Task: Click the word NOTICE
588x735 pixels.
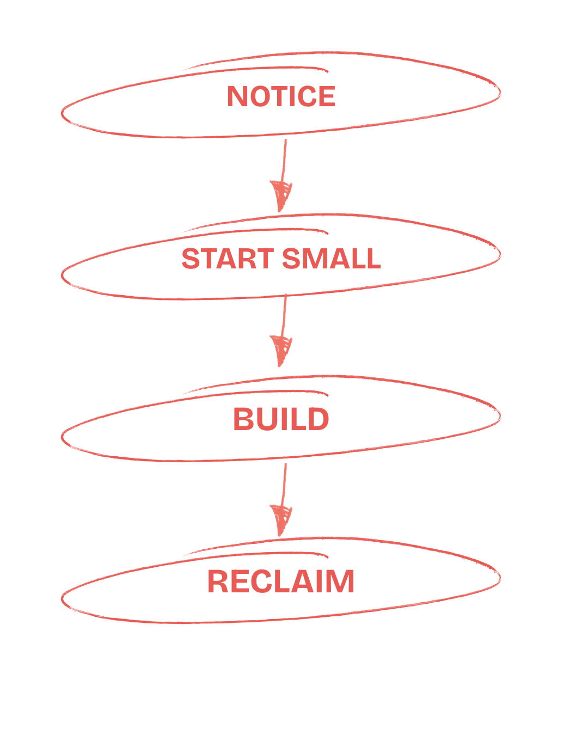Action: [x=280, y=96]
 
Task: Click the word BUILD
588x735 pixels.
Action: [x=281, y=419]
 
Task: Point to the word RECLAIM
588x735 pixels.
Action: [x=281, y=581]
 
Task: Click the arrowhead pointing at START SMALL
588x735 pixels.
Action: [x=281, y=195]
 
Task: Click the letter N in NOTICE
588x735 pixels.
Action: [x=237, y=96]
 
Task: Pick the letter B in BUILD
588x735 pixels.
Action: [x=243, y=419]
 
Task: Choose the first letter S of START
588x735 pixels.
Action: [x=191, y=259]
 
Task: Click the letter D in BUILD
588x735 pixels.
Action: [x=318, y=419]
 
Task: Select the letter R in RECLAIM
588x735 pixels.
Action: [x=218, y=581]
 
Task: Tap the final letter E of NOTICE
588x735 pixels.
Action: [x=326, y=96]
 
